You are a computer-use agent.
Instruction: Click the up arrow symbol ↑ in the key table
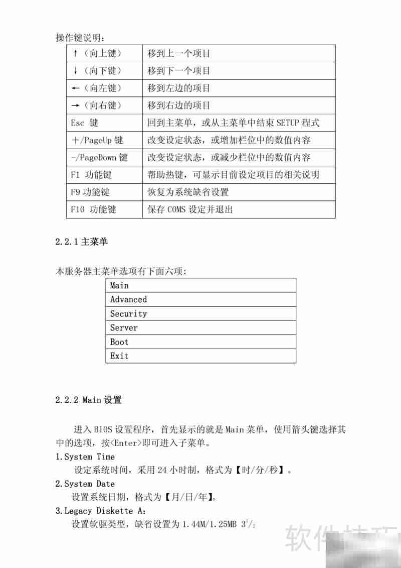pyautogui.click(x=75, y=53)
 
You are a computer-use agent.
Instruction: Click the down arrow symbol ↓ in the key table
pyautogui.click(x=75, y=71)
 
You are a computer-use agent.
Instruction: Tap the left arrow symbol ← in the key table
pyautogui.click(x=76, y=88)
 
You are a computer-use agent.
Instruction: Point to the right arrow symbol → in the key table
pyautogui.click(x=76, y=105)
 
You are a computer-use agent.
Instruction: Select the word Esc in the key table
pyautogui.click(x=78, y=123)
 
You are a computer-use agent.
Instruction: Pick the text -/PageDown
pyautogui.click(x=94, y=158)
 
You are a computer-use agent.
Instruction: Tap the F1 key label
pyautogui.click(x=75, y=175)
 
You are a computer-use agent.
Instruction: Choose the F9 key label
pyautogui.click(x=76, y=192)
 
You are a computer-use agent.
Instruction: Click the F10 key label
pyautogui.click(x=78, y=209)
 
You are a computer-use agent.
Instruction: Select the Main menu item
pyautogui.click(x=119, y=285)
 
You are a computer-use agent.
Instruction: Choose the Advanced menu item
pyautogui.click(x=128, y=299)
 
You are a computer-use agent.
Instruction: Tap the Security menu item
pyautogui.click(x=128, y=314)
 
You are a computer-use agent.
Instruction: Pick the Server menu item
pyautogui.click(x=124, y=328)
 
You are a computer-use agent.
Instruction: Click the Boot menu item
pyautogui.click(x=119, y=342)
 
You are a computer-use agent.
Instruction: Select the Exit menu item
pyautogui.click(x=119, y=356)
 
